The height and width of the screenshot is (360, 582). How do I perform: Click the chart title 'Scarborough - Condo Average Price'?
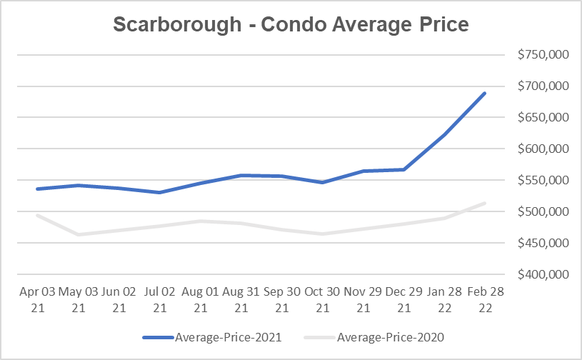point(291,24)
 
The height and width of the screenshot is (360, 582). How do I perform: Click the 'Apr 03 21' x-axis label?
point(36,299)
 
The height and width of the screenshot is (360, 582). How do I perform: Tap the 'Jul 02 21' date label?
point(160,299)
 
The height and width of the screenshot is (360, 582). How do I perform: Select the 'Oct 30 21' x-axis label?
point(323,299)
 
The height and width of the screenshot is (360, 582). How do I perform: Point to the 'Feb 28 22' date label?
point(486,299)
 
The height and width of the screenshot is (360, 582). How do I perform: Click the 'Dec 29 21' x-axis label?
point(404,299)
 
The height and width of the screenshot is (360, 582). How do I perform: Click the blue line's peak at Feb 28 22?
point(486,93)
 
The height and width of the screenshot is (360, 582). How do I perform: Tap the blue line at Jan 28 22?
point(445,135)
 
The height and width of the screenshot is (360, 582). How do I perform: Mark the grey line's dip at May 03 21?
point(77,234)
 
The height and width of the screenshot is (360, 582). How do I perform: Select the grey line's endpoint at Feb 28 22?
point(486,204)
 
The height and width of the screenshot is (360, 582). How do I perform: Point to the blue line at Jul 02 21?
point(160,192)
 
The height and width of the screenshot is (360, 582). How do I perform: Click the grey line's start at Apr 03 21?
point(36,215)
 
